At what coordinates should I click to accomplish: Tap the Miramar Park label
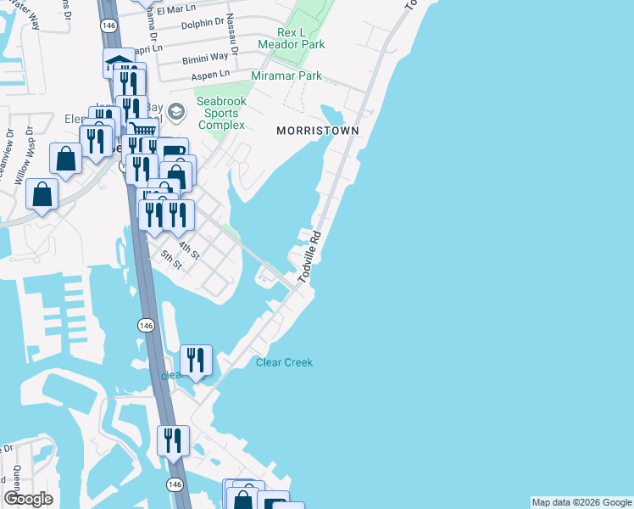click(x=286, y=76)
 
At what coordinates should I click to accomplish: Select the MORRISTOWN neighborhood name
click(x=318, y=131)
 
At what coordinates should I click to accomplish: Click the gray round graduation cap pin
click(x=176, y=111)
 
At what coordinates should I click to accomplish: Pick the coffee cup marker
click(x=172, y=152)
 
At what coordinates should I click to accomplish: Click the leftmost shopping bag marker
click(x=42, y=193)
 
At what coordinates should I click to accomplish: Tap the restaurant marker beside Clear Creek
click(x=196, y=360)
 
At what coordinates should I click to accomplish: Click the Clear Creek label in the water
click(x=284, y=363)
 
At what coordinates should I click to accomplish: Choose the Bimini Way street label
click(x=204, y=60)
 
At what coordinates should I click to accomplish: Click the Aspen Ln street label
click(x=211, y=76)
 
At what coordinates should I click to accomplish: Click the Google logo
click(x=29, y=499)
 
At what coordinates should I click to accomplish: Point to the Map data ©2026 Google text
click(x=581, y=502)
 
